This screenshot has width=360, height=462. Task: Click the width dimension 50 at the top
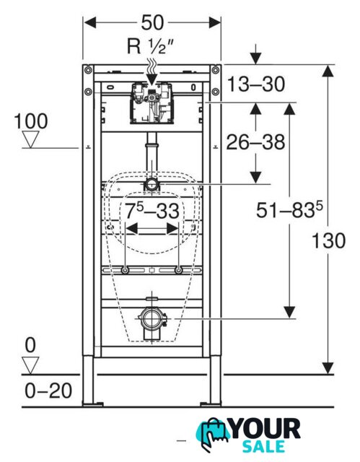152,22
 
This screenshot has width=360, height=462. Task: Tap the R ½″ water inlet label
150,46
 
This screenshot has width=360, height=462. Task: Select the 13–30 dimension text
256,84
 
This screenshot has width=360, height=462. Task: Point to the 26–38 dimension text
255,142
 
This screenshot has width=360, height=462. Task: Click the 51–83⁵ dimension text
289,210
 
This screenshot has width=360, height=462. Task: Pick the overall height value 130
328,240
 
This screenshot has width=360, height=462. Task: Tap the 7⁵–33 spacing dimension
152,210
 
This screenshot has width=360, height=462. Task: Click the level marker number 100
31,121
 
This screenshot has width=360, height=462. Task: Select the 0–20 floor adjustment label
48,391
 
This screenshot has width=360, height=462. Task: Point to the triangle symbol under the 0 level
30,365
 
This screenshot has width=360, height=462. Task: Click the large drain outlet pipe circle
152,319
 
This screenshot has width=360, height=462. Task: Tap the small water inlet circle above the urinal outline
152,185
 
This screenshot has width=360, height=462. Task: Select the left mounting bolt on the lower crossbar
125,270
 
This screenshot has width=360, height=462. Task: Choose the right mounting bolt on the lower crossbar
178,270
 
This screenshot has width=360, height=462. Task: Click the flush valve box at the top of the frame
152,103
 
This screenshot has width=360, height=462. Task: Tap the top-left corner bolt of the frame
88,70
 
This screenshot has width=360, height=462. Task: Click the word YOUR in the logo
265,430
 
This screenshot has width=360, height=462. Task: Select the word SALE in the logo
264,447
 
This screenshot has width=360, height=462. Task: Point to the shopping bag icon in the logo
213,435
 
